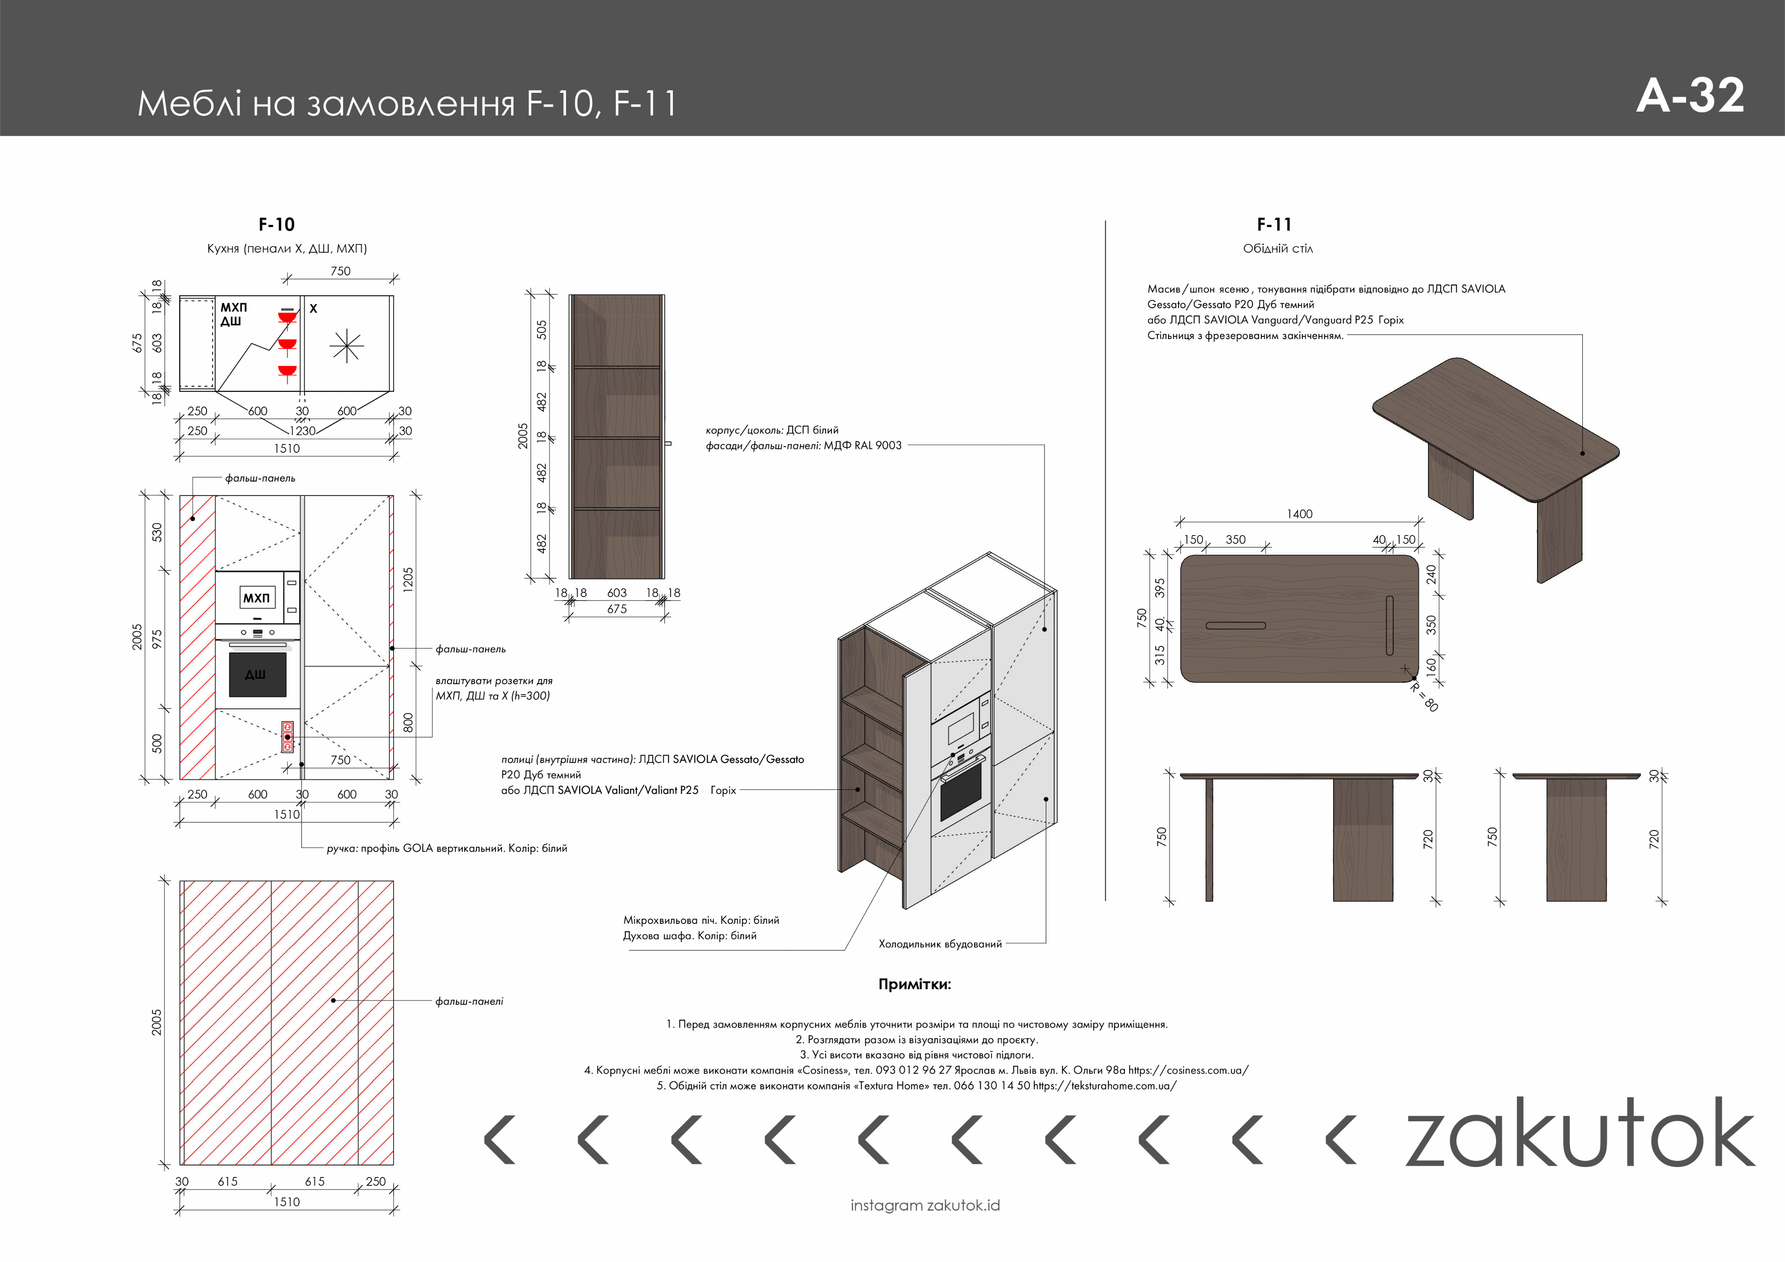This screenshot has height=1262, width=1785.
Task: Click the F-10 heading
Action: [x=277, y=225]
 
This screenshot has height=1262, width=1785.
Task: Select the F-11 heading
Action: [x=1274, y=225]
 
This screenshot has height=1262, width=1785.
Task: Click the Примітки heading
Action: [x=914, y=984]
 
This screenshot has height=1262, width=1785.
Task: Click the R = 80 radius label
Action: [x=1424, y=696]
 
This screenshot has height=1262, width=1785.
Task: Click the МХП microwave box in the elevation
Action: [x=257, y=597]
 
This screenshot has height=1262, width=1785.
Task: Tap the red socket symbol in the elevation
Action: [x=287, y=736]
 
